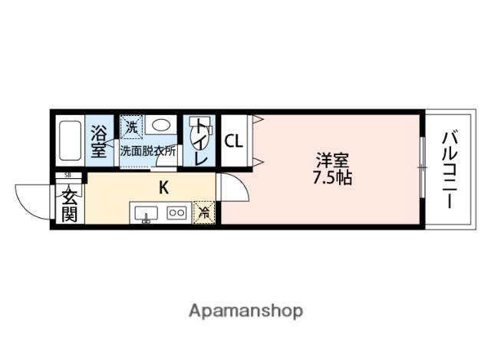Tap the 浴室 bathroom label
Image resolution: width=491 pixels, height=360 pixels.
pos(100,141)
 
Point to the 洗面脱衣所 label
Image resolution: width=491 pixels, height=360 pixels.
pos(148,151)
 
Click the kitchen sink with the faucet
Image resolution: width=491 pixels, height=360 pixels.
pos(145,213)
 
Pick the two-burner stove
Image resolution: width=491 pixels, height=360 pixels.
pos(177,213)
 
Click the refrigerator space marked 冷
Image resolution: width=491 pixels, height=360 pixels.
pos(204,212)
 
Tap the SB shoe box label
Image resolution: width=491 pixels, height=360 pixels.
pos(69,176)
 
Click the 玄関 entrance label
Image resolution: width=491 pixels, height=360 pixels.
pos(69,204)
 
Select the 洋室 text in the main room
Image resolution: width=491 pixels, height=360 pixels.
pos(331,162)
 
